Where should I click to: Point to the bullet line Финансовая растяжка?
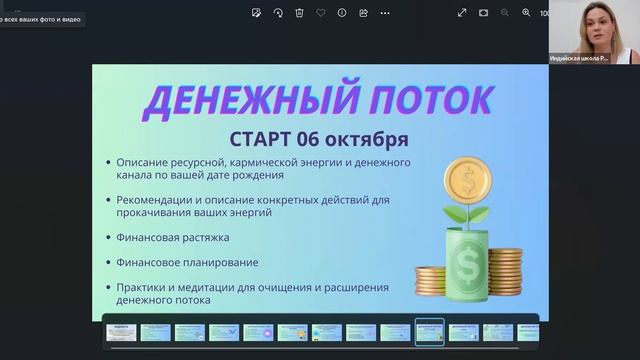(x=172, y=238)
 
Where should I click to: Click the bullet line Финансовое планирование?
(x=187, y=262)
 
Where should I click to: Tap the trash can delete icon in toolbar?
(x=299, y=13)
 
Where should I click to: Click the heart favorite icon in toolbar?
(x=320, y=13)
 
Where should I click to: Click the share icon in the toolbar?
(x=363, y=13)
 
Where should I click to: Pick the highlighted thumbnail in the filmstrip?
(x=430, y=332)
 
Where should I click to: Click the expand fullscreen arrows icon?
(x=462, y=13)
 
